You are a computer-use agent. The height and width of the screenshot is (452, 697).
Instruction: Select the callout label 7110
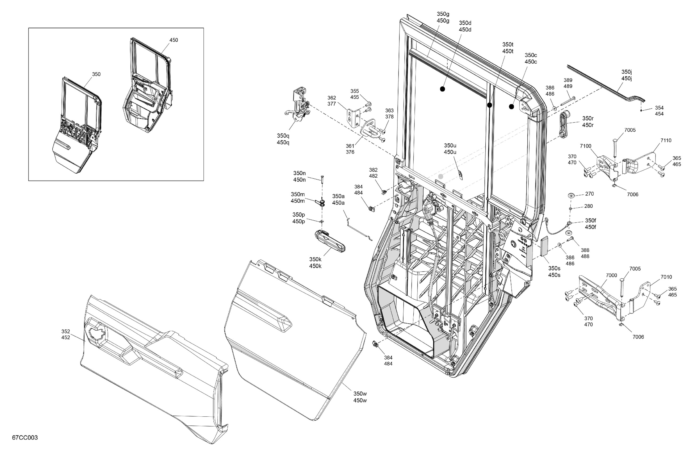(666, 140)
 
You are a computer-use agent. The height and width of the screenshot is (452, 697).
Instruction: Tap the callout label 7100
(585, 146)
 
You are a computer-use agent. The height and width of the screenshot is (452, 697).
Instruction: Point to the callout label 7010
(666, 277)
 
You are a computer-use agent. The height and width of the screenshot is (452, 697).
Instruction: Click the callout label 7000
(611, 275)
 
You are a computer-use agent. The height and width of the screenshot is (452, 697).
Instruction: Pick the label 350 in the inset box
(96, 74)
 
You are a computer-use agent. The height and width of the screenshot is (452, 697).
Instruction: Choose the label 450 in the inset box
(174, 40)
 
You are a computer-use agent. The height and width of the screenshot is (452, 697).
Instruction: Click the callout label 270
(590, 194)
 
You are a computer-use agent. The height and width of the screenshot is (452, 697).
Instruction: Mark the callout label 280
(588, 206)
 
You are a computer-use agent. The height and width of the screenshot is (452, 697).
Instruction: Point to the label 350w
(360, 394)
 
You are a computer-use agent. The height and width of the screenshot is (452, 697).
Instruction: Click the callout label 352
(66, 331)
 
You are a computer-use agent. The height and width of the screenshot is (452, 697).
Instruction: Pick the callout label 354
(659, 107)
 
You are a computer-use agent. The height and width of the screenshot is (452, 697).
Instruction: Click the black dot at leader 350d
(443, 89)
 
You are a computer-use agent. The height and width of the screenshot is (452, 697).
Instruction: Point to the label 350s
(554, 268)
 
